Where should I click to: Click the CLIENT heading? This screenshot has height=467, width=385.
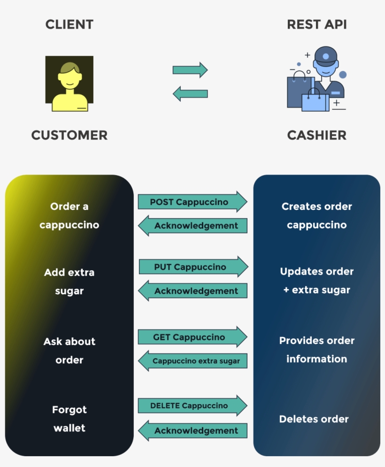pyautogui.click(x=69, y=24)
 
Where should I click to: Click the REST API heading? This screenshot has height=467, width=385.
pyautogui.click(x=316, y=24)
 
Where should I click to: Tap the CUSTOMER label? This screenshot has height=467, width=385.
pyautogui.click(x=69, y=135)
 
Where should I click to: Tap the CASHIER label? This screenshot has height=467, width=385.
pyautogui.click(x=316, y=135)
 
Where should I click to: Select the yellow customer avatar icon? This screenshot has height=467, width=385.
pyautogui.click(x=69, y=84)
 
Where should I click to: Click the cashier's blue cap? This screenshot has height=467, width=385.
pyautogui.click(x=325, y=56)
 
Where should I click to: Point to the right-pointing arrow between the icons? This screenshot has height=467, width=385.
pyautogui.click(x=190, y=70)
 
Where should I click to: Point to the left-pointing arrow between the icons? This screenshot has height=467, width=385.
pyautogui.click(x=190, y=93)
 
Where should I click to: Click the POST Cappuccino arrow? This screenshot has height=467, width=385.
pyautogui.click(x=192, y=202)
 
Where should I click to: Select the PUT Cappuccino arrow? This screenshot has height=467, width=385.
pyautogui.click(x=193, y=267)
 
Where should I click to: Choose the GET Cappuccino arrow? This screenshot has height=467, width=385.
pyautogui.click(x=192, y=337)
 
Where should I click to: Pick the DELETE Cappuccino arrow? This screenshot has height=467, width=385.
pyautogui.click(x=192, y=406)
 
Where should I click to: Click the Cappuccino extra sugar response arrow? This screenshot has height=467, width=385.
pyautogui.click(x=193, y=361)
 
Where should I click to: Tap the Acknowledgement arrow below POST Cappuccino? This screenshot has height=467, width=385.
pyautogui.click(x=193, y=226)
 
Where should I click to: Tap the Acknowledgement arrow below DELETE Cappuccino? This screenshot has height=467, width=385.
pyautogui.click(x=193, y=430)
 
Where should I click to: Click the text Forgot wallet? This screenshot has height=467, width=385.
pyautogui.click(x=69, y=419)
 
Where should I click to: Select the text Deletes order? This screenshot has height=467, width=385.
pyautogui.click(x=314, y=419)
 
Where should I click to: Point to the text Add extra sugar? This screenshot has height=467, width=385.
pyautogui.click(x=69, y=282)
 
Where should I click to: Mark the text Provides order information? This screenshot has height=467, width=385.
pyautogui.click(x=316, y=350)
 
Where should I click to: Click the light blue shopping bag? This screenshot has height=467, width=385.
pyautogui.click(x=315, y=101)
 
